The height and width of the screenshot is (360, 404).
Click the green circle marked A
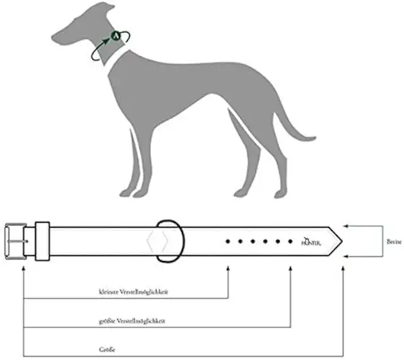116,36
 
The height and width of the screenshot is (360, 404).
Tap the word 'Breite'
394,241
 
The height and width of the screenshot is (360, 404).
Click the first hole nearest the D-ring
227,241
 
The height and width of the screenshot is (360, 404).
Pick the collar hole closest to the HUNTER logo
290,241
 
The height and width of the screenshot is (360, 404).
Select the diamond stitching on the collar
156,241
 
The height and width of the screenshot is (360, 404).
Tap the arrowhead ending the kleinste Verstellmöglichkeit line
227,258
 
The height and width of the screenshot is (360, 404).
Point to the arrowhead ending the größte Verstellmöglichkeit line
290,258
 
